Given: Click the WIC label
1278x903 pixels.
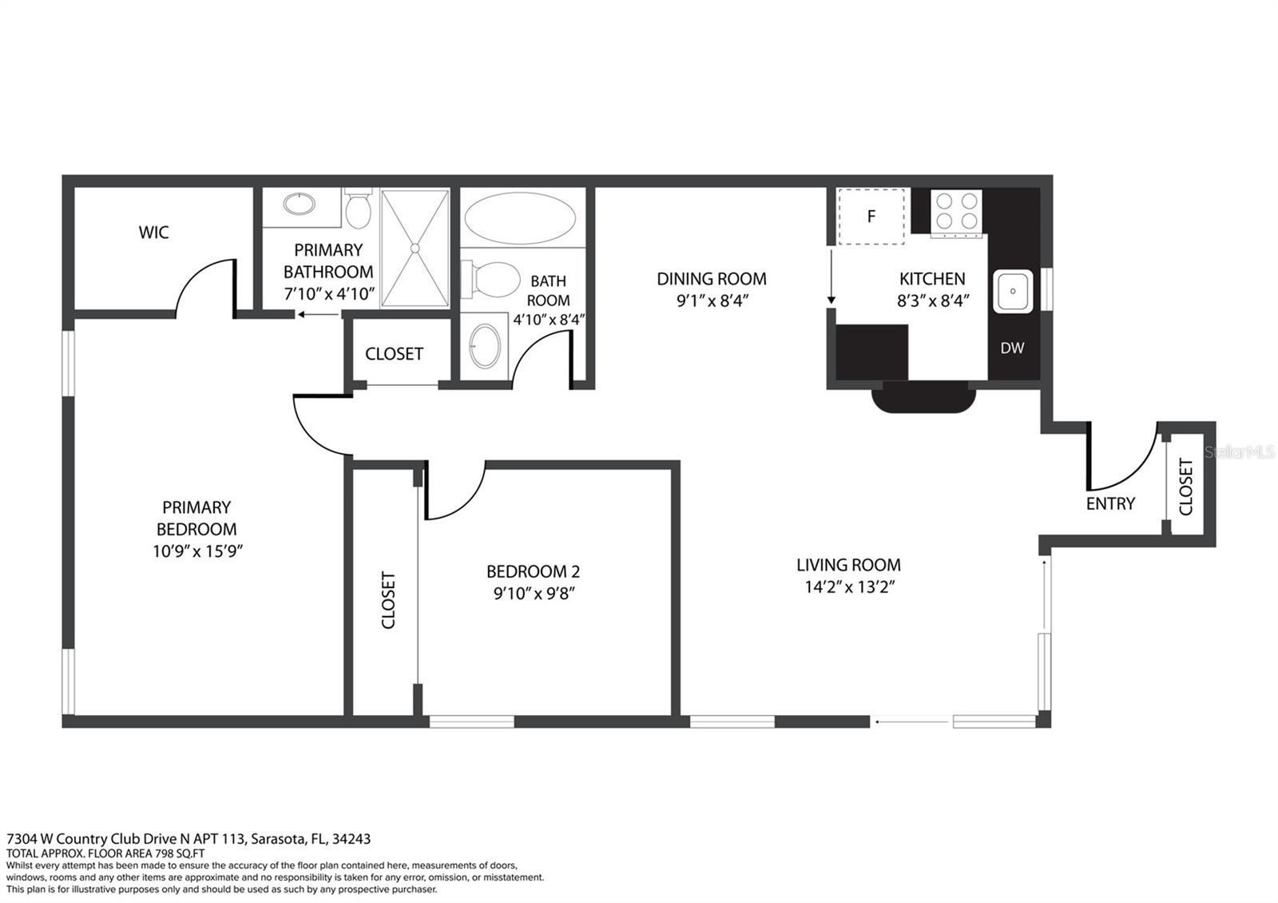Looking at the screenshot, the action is (153, 233).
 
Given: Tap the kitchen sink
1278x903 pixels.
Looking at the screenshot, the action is (1013, 291).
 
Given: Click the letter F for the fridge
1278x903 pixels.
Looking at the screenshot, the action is (871, 217).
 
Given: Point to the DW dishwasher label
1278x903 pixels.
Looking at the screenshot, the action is (1012, 348).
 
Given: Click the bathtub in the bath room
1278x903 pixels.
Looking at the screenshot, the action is (520, 217).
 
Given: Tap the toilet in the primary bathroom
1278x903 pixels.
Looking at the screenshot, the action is (358, 208).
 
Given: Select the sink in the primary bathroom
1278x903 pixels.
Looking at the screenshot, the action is (300, 204).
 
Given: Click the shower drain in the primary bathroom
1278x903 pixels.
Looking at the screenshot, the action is (415, 249).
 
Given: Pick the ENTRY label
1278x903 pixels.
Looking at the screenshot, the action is (1110, 503).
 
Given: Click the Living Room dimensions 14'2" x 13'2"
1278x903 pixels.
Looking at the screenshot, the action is (849, 587).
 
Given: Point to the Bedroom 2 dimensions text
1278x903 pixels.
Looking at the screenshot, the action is (534, 594).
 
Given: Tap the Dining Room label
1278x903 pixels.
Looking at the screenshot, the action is (712, 279).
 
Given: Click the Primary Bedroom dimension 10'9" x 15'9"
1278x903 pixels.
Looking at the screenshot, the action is (197, 551).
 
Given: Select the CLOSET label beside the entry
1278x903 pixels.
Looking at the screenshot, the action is (1185, 487).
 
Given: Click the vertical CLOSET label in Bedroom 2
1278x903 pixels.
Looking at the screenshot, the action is (388, 600).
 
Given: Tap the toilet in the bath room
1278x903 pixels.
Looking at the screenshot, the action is (490, 280).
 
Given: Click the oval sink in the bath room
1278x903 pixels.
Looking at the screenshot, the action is (485, 346).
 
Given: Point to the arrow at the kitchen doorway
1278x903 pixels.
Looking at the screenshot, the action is (831, 276).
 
